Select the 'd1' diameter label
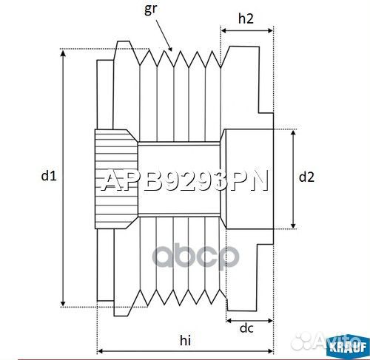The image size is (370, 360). [49, 176]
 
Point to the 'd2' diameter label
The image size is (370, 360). [306, 177]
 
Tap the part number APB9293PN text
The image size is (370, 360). [184, 182]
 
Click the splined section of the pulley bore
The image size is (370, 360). [115, 177]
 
